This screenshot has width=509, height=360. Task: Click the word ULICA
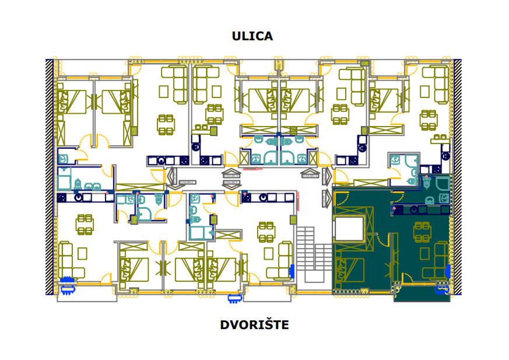click(x=252, y=36)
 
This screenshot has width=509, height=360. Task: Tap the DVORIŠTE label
click(x=254, y=325)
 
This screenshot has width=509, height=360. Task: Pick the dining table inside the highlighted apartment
click(x=422, y=232)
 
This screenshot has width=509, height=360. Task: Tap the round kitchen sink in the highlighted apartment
click(x=414, y=209)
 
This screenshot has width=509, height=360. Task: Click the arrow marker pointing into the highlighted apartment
click(x=325, y=197)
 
